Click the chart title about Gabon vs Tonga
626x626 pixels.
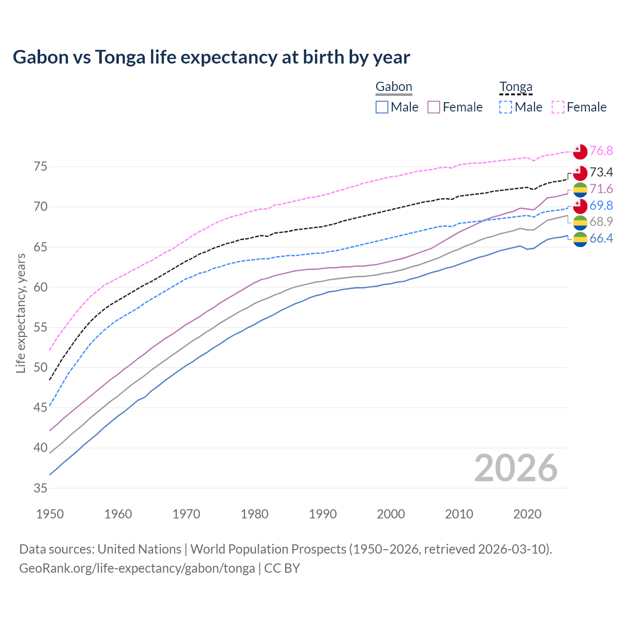click(211, 57)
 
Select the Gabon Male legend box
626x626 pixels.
click(382, 107)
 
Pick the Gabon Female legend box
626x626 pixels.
click(434, 107)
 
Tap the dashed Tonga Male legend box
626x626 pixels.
click(506, 107)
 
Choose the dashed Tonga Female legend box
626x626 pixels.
click(558, 107)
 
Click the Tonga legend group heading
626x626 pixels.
click(515, 87)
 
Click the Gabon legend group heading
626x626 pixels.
click(394, 87)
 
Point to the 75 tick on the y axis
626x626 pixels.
click(41, 167)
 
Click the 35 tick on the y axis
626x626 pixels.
click(41, 488)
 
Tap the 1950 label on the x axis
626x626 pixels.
click(50, 514)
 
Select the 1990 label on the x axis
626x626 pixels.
click(323, 514)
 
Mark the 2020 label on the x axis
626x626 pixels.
click(527, 514)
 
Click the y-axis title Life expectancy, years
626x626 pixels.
click(21, 313)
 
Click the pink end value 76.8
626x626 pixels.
click(601, 151)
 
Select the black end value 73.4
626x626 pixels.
click(601, 172)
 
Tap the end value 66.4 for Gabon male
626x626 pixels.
click(601, 238)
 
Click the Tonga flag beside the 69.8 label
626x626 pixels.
click(580, 206)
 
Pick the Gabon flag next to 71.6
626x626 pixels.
click(580, 190)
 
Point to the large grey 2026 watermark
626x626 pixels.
click(515, 468)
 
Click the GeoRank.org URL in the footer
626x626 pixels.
click(137, 568)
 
